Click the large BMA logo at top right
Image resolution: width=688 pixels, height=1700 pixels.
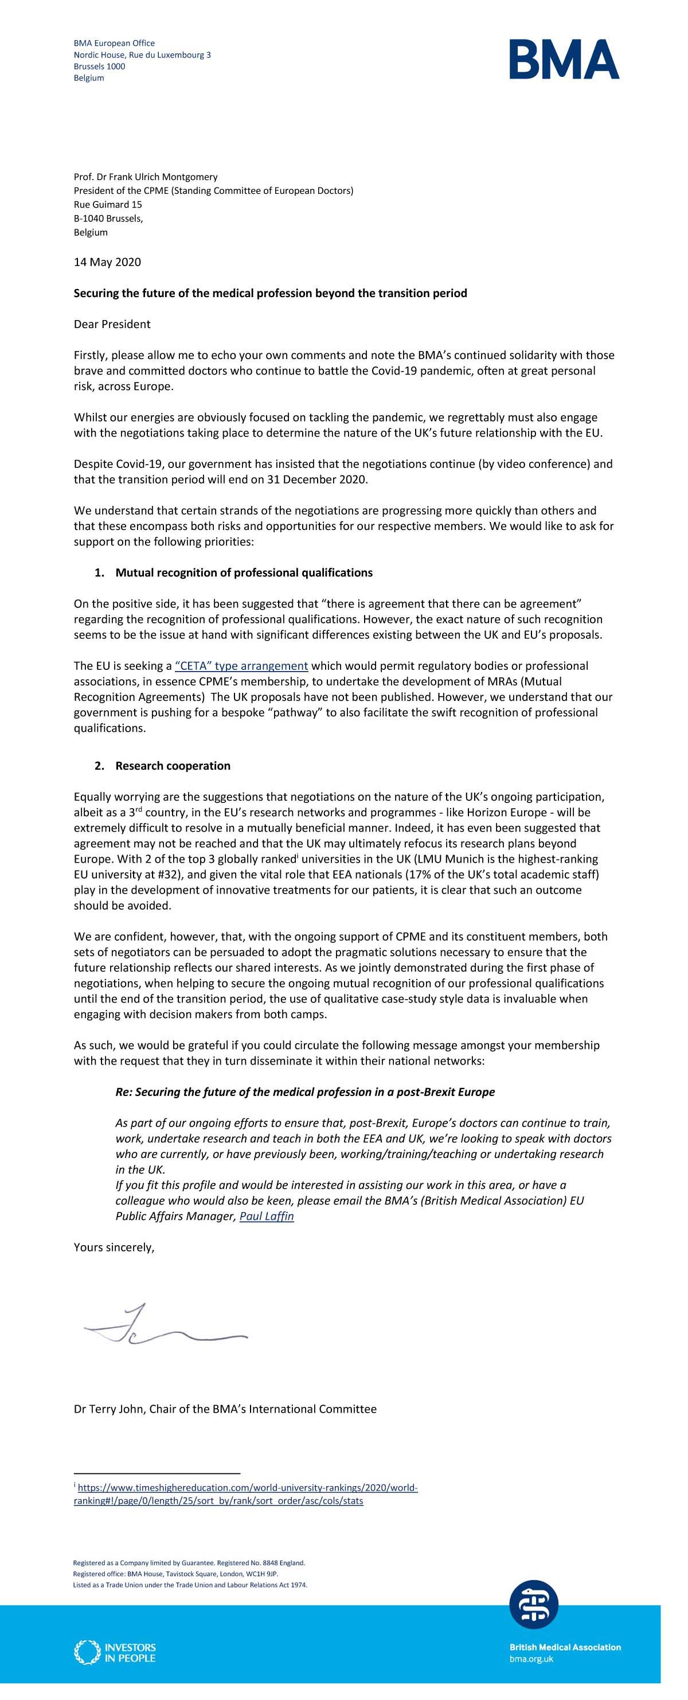tap(564, 60)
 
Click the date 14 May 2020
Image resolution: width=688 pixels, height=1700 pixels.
tap(107, 262)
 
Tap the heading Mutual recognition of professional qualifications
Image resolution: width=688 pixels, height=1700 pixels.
tap(244, 572)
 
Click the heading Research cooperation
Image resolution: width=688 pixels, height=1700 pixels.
tap(173, 766)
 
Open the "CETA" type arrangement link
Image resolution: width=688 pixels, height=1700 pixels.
tap(241, 665)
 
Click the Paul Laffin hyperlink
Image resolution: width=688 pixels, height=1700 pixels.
tap(267, 1215)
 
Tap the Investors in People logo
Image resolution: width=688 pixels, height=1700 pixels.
tap(115, 1652)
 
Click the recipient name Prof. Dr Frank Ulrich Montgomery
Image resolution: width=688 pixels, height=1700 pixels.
tap(145, 177)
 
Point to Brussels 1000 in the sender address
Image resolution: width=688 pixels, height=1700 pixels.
tap(99, 66)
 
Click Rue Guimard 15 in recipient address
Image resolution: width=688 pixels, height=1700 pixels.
tap(108, 205)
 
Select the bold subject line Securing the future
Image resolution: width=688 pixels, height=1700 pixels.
tap(270, 293)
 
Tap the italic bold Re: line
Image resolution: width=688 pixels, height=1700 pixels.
tap(305, 1091)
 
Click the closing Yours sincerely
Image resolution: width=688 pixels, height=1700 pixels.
tap(114, 1247)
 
